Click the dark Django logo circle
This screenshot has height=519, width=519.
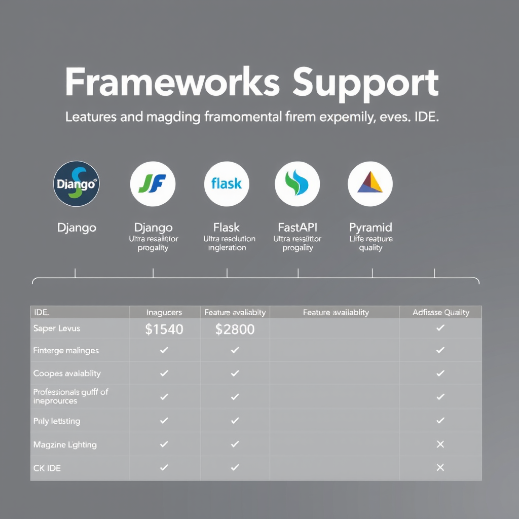[77, 184]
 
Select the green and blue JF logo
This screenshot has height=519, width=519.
[153, 184]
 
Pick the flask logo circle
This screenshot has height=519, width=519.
[226, 183]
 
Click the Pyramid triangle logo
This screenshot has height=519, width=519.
[370, 183]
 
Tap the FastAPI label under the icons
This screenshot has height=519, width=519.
[298, 227]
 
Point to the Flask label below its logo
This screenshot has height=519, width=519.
[227, 227]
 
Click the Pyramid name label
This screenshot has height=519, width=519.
[370, 227]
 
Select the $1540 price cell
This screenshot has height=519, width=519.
[164, 329]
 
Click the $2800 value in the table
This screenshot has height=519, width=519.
[235, 329]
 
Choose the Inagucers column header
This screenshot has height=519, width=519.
[164, 313]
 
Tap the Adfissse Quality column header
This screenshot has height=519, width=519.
[440, 313]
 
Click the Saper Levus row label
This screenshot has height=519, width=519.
[57, 328]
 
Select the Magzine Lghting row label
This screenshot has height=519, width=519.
[65, 444]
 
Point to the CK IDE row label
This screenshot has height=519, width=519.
[47, 468]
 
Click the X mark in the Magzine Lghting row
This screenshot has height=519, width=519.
[440, 444]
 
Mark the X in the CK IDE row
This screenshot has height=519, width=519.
[440, 468]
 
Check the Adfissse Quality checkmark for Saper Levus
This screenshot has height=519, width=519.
[440, 328]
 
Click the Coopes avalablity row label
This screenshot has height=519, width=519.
[67, 374]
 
